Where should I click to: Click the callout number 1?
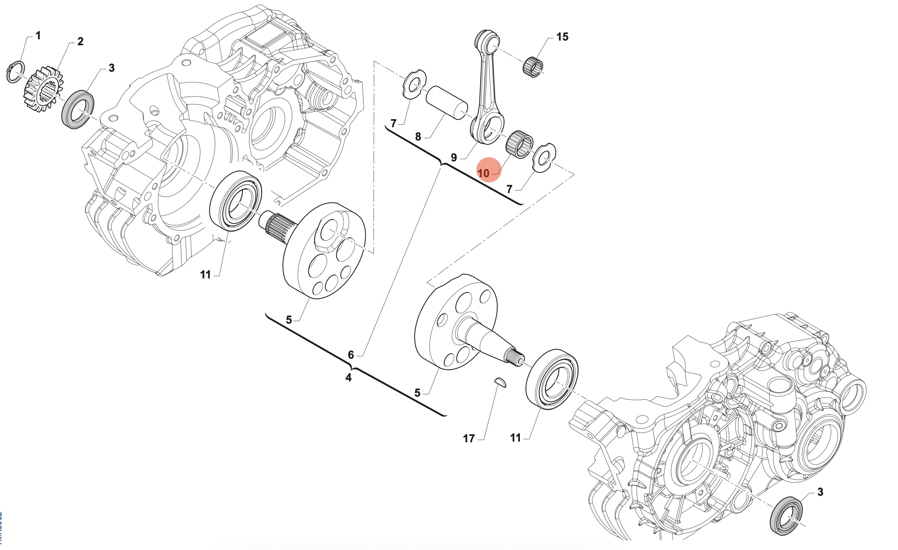click(x=38, y=35)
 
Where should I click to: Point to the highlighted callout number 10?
click(x=484, y=173)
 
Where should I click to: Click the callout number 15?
click(x=562, y=37)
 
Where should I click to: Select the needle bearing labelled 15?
click(x=533, y=67)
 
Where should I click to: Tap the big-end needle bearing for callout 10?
click(x=519, y=144)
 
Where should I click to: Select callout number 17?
click(x=469, y=439)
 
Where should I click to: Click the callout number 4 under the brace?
click(x=348, y=377)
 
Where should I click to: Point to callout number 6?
click(x=351, y=355)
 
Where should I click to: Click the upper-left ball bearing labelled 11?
click(x=236, y=201)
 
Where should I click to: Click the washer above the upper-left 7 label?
click(x=415, y=84)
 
